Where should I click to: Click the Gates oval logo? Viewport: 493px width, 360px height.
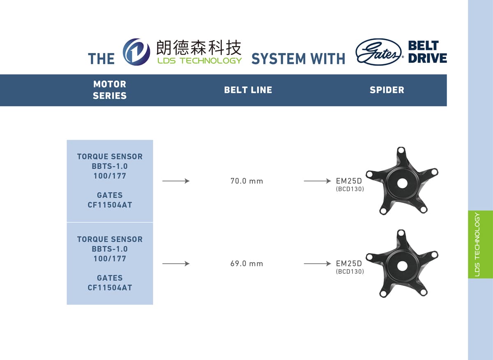(x=378, y=52)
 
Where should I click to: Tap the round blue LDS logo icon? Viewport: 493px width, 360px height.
(x=136, y=52)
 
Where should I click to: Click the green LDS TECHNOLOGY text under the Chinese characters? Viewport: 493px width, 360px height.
(x=200, y=60)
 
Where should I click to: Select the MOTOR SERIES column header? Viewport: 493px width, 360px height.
(x=110, y=90)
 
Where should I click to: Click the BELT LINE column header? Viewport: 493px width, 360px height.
(x=248, y=90)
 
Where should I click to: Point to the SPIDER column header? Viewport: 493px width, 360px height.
(x=387, y=90)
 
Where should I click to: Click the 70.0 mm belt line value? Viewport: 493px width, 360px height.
(x=246, y=181)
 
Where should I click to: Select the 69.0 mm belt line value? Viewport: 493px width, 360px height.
(x=246, y=263)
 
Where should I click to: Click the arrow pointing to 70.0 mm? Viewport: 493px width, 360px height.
(x=176, y=181)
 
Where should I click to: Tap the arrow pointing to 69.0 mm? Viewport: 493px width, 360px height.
(x=176, y=263)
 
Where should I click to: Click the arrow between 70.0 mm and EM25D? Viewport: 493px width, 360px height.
(x=317, y=181)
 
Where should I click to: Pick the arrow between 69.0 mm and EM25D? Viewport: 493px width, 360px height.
(x=317, y=263)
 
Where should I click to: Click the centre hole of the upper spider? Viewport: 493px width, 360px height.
(x=402, y=183)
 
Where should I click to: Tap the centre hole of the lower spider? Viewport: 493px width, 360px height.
(x=402, y=266)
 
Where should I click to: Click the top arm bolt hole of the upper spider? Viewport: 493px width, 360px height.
(x=401, y=151)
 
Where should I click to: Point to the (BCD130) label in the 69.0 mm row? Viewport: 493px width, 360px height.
(x=350, y=272)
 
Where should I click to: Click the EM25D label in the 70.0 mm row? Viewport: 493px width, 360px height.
(x=349, y=181)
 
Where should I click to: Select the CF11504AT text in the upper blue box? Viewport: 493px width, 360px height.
(x=110, y=205)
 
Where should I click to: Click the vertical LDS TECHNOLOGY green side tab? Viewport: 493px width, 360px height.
(x=480, y=245)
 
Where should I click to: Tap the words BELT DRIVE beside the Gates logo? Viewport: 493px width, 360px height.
(x=427, y=52)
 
